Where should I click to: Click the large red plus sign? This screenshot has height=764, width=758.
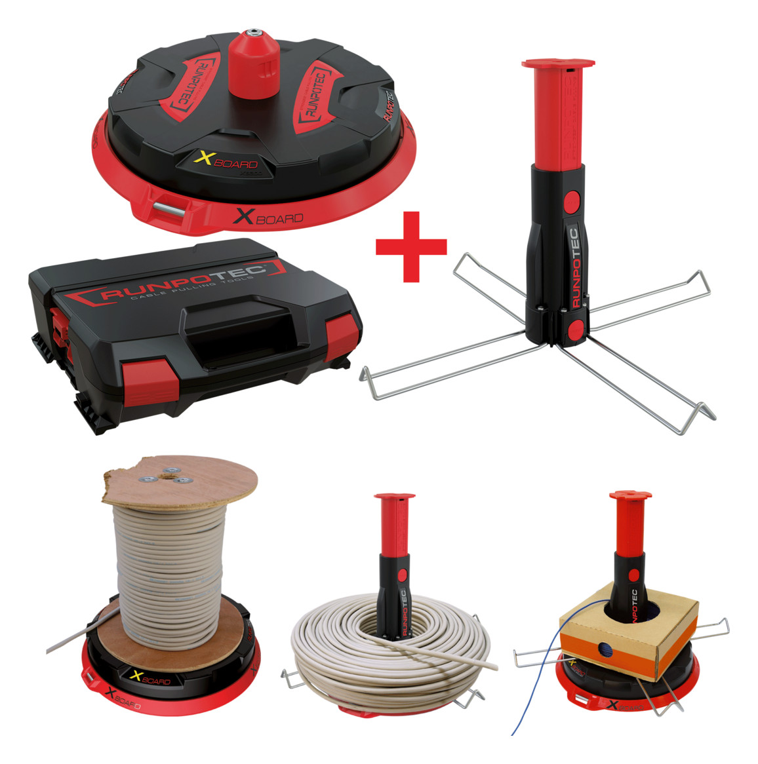click(x=411, y=246)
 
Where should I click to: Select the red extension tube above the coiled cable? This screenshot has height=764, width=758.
click(x=393, y=525)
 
